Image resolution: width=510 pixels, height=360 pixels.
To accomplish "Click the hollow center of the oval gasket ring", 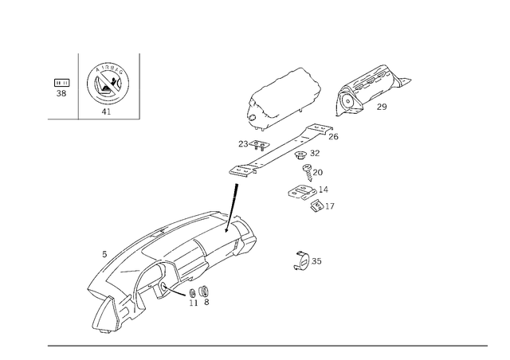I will (284, 100).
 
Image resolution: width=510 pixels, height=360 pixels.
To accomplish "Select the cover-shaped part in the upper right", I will (369, 88).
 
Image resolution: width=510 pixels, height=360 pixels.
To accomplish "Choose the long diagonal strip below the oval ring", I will (283, 151).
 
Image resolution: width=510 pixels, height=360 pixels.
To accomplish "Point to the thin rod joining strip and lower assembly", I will (234, 195).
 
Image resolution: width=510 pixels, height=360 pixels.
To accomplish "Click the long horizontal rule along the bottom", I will (267, 345).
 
